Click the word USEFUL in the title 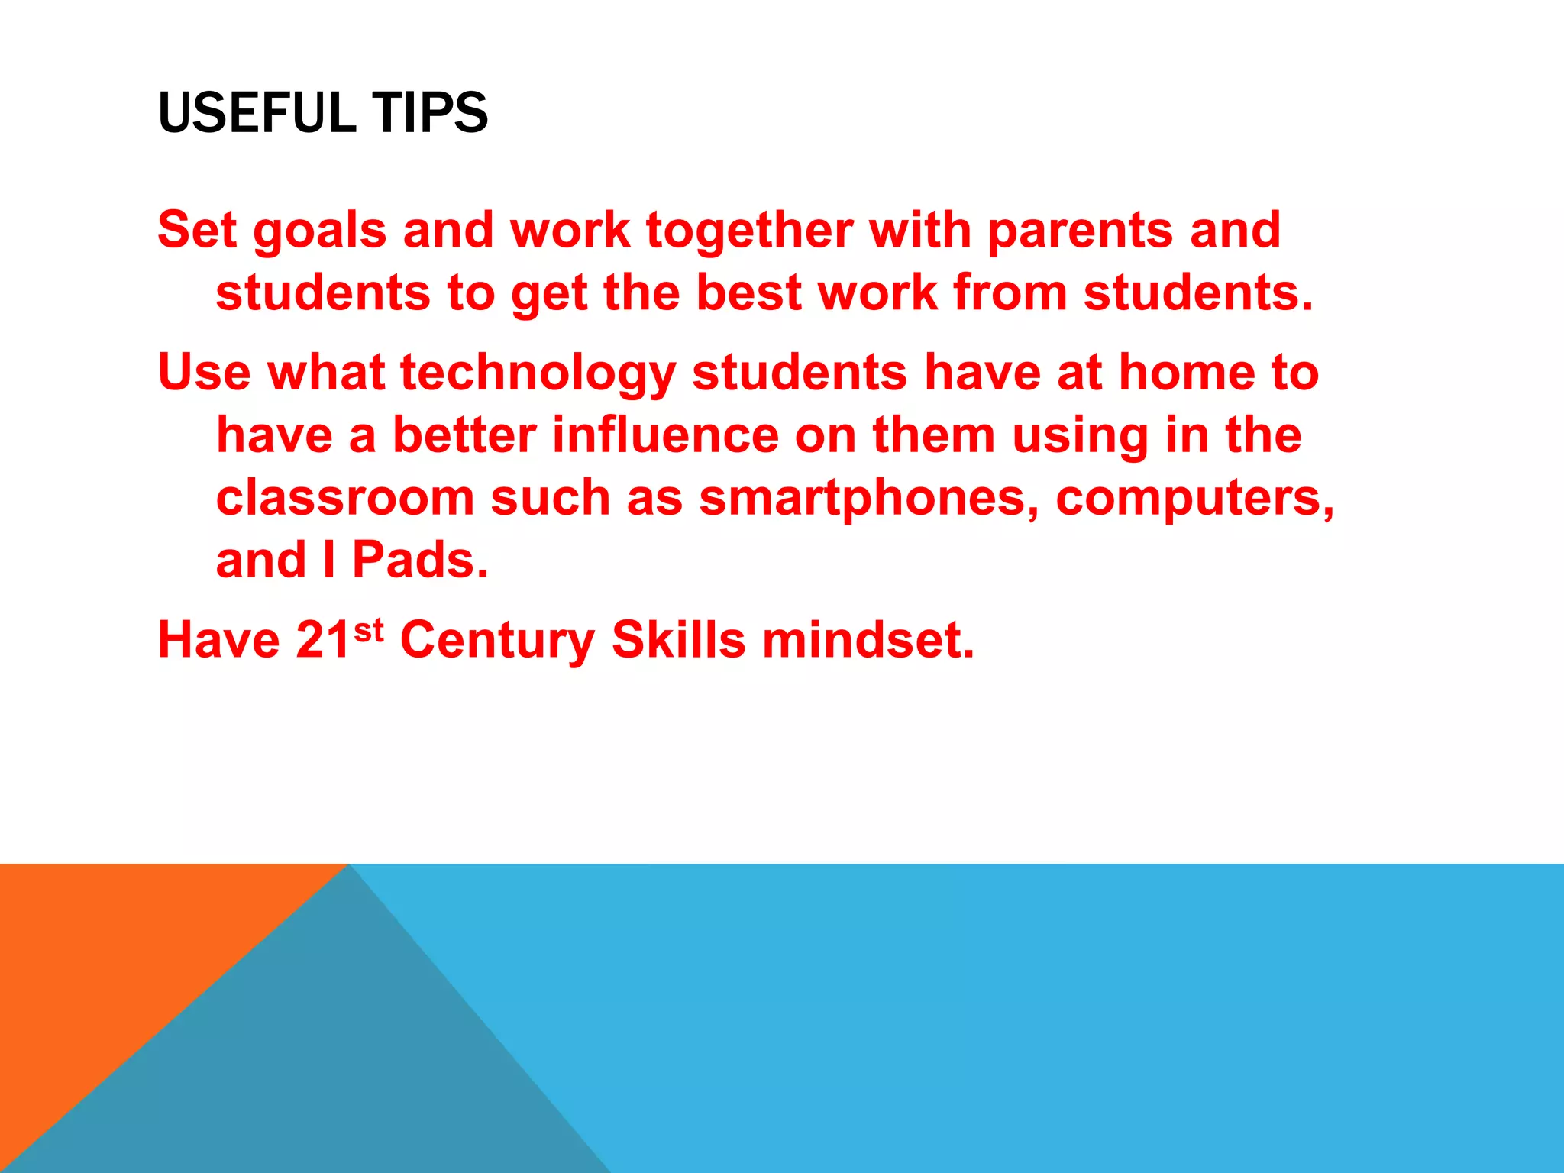257,113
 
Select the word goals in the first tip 319,232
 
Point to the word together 749,231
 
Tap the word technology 538,374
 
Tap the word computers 1194,499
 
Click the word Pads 419,561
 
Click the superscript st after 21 368,631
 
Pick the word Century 497,641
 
